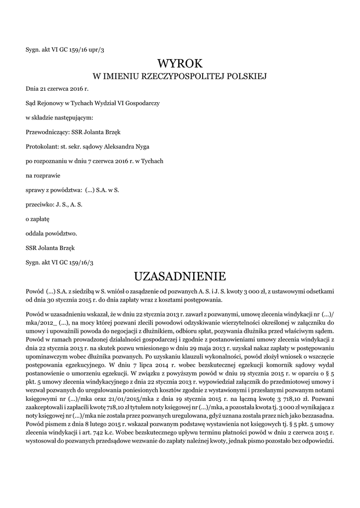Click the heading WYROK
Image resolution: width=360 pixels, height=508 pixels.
click(x=180, y=63)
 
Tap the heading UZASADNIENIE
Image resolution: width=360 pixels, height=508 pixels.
click(x=180, y=275)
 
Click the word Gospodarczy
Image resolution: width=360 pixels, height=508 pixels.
click(x=144, y=103)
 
